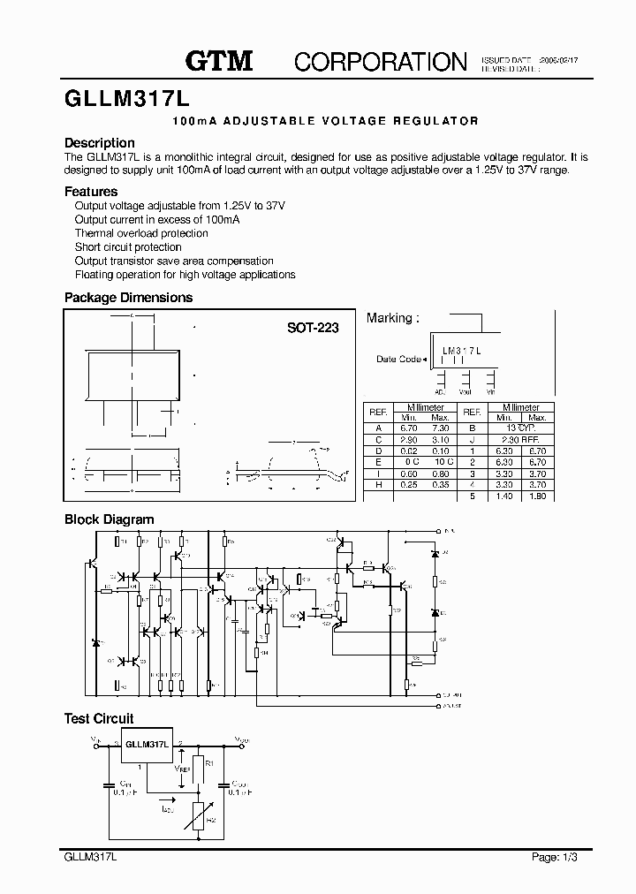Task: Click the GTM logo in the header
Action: click(219, 61)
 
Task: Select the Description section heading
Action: click(100, 143)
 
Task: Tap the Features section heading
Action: click(91, 192)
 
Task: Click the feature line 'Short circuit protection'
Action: click(128, 247)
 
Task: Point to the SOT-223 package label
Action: click(312, 327)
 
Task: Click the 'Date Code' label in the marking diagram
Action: click(399, 360)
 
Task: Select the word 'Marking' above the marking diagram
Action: click(390, 318)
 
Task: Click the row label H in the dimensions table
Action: click(378, 485)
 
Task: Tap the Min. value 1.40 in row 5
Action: click(503, 496)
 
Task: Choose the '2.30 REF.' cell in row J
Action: click(519, 439)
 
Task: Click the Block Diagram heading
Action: click(109, 520)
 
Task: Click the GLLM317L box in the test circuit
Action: click(147, 745)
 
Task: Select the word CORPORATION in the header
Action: click(380, 61)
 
